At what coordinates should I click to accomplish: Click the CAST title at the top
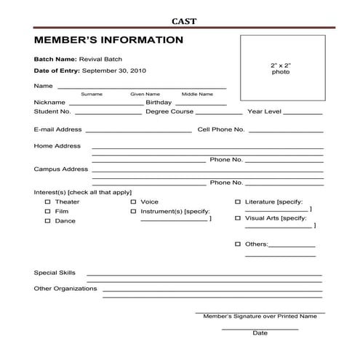pyautogui.click(x=183, y=21)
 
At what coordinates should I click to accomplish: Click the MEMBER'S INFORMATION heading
pyautogui.click(x=108, y=40)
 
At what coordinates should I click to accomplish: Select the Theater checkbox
pyautogui.click(x=48, y=201)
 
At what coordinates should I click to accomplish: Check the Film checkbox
pyautogui.click(x=48, y=211)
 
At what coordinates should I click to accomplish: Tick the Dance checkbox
pyautogui.click(x=48, y=220)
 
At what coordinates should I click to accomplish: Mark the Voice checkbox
pyautogui.click(x=133, y=201)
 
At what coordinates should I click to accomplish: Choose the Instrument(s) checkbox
pyautogui.click(x=133, y=211)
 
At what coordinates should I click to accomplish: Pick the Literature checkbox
pyautogui.click(x=238, y=201)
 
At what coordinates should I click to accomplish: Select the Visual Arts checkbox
pyautogui.click(x=238, y=217)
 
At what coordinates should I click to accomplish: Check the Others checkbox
pyautogui.click(x=238, y=244)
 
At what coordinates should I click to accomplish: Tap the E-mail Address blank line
pyautogui.click(x=138, y=132)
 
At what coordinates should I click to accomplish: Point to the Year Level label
pyautogui.click(x=264, y=112)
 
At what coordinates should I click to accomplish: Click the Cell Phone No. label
pyautogui.click(x=221, y=129)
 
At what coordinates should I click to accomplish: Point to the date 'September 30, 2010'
pyautogui.click(x=114, y=71)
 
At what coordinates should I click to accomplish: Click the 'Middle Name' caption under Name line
pyautogui.click(x=197, y=94)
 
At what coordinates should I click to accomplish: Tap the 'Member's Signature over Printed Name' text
pyautogui.click(x=260, y=316)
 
